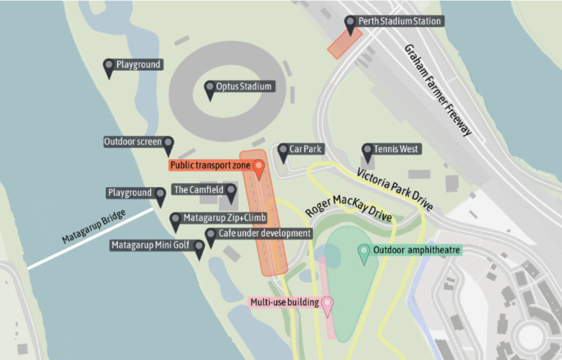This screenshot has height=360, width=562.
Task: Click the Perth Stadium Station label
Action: click(x=400, y=21)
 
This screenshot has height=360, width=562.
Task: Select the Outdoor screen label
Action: click(x=133, y=142)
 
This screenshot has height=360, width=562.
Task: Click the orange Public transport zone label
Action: click(x=210, y=165)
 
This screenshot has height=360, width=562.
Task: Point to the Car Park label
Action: click(x=305, y=149)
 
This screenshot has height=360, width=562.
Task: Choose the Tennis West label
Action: click(x=397, y=149)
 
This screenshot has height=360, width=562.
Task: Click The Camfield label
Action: click(x=198, y=190)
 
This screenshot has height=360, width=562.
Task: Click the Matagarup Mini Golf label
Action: click(x=150, y=245)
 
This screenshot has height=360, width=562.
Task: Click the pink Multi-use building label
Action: click(x=284, y=302)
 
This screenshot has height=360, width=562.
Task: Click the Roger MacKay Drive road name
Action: click(x=348, y=208)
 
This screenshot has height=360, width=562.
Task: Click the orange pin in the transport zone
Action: click(x=259, y=167)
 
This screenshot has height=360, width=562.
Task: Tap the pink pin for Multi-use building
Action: click(x=327, y=304)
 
